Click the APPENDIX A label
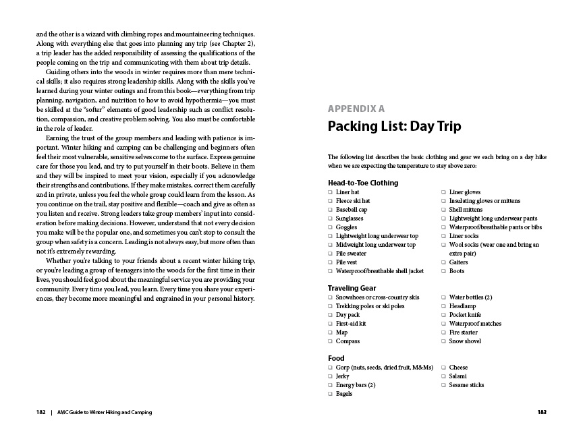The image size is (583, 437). tap(356, 108)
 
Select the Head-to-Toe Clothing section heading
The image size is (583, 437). tap(363, 183)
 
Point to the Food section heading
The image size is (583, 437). tap(336, 358)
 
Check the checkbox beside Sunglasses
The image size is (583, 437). tap(330, 218)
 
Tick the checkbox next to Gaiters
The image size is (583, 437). tap(443, 262)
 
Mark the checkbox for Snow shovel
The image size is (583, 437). tap(443, 341)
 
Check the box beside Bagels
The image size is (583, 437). tap(330, 394)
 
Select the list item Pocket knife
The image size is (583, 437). tap(465, 315)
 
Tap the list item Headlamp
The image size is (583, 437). tap(463, 306)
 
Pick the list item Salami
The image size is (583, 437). tap(459, 376)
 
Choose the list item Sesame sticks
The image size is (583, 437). tap(466, 385)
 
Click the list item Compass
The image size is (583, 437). tap(348, 341)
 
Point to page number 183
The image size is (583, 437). tap(541, 412)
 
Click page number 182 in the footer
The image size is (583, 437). tap(41, 412)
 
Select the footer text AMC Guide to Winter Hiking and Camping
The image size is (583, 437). tap(104, 412)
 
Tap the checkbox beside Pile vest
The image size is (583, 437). tap(330, 262)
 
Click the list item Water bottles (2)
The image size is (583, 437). tap(470, 297)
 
